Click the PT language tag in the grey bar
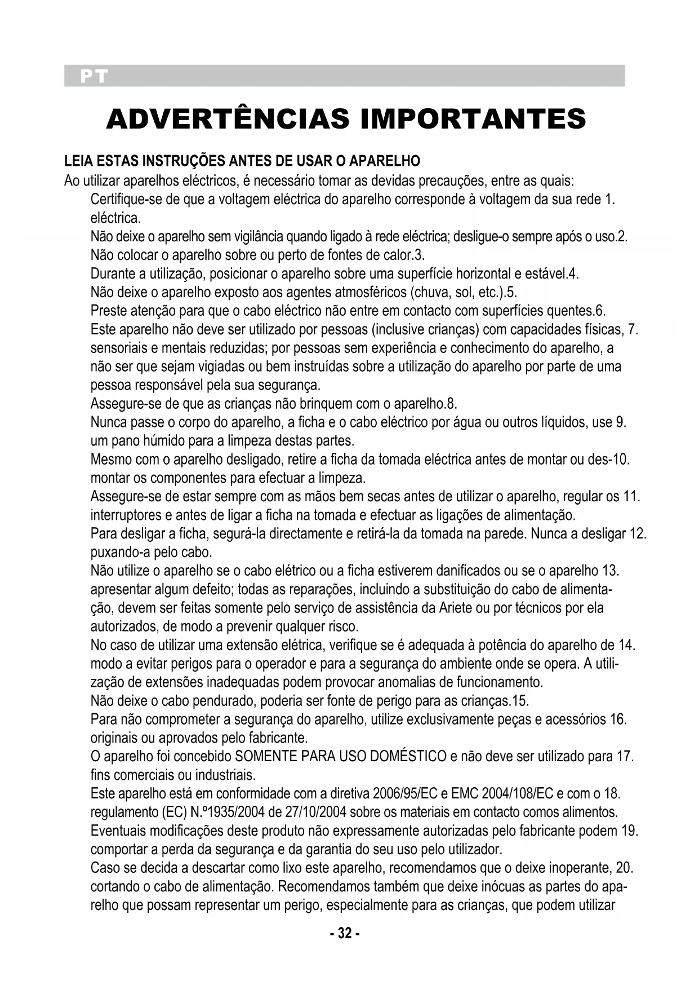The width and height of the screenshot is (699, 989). [x=93, y=76]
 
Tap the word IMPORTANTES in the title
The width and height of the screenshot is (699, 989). [x=473, y=120]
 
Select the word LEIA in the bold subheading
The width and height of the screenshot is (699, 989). [x=78, y=162]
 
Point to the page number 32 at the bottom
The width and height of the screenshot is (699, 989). [x=344, y=934]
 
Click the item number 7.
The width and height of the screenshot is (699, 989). [x=633, y=329]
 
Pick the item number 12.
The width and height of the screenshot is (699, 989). [x=638, y=533]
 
